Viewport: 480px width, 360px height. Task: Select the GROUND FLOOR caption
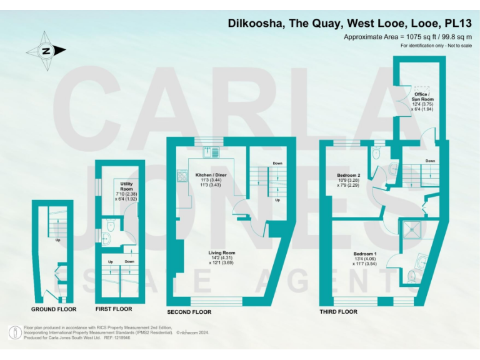click(x=54, y=309)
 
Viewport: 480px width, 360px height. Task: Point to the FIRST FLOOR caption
click(x=113, y=309)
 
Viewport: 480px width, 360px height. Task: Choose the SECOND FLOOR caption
click(x=189, y=312)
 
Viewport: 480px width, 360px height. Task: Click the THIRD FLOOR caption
click(x=338, y=311)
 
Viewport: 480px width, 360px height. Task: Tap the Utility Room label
click(x=127, y=186)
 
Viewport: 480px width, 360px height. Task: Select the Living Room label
click(x=221, y=253)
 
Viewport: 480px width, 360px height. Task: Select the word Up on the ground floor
click(x=58, y=239)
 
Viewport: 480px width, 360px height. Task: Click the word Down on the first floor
click(x=129, y=262)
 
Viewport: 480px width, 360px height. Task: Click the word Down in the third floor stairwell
click(x=430, y=161)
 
